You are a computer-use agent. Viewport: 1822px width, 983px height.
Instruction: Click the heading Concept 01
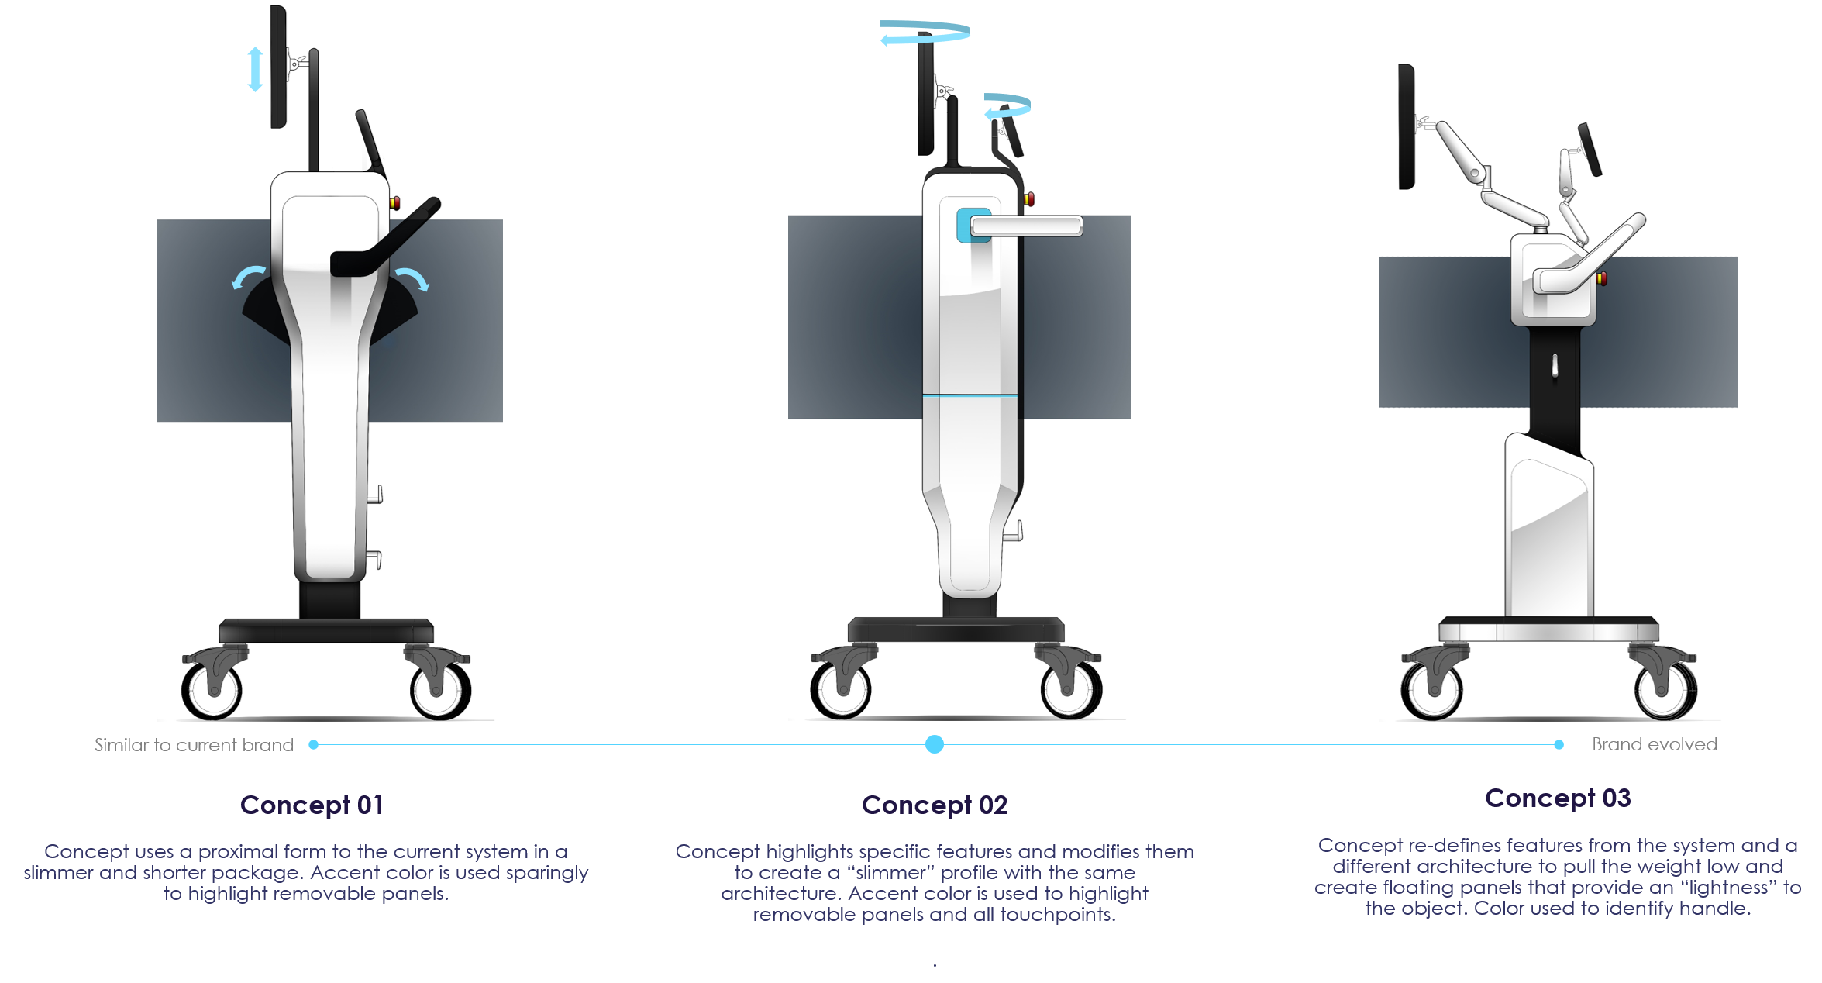[x=312, y=805]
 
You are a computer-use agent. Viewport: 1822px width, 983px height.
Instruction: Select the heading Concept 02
[x=935, y=805]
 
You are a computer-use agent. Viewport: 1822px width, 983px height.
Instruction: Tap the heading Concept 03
[x=1558, y=798]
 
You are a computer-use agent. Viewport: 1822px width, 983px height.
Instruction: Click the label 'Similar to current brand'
[x=194, y=745]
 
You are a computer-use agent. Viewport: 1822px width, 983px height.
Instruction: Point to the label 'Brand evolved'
[x=1654, y=744]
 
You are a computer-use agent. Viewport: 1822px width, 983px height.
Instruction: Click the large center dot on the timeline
[x=935, y=744]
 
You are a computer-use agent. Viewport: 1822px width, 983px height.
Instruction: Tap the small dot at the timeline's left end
[x=313, y=744]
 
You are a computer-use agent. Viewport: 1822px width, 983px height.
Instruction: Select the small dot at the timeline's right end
[x=1559, y=744]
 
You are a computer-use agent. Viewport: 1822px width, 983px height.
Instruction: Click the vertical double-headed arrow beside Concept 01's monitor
[x=255, y=69]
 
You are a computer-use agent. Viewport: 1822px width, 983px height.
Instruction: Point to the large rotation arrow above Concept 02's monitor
[x=925, y=33]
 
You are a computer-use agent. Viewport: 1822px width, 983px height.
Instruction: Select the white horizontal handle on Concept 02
[x=1026, y=226]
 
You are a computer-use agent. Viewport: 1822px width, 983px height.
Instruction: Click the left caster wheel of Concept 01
[x=212, y=688]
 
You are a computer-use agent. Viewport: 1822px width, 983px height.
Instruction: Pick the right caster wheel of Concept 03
[x=1665, y=688]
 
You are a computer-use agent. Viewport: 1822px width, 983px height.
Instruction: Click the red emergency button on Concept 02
[x=1028, y=199]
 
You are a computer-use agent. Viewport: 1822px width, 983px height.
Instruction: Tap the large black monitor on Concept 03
[x=1406, y=126]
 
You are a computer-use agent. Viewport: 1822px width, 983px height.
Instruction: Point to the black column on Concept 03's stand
[x=1555, y=380]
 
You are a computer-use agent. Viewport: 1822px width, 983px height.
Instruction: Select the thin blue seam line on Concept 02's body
[x=970, y=395]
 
